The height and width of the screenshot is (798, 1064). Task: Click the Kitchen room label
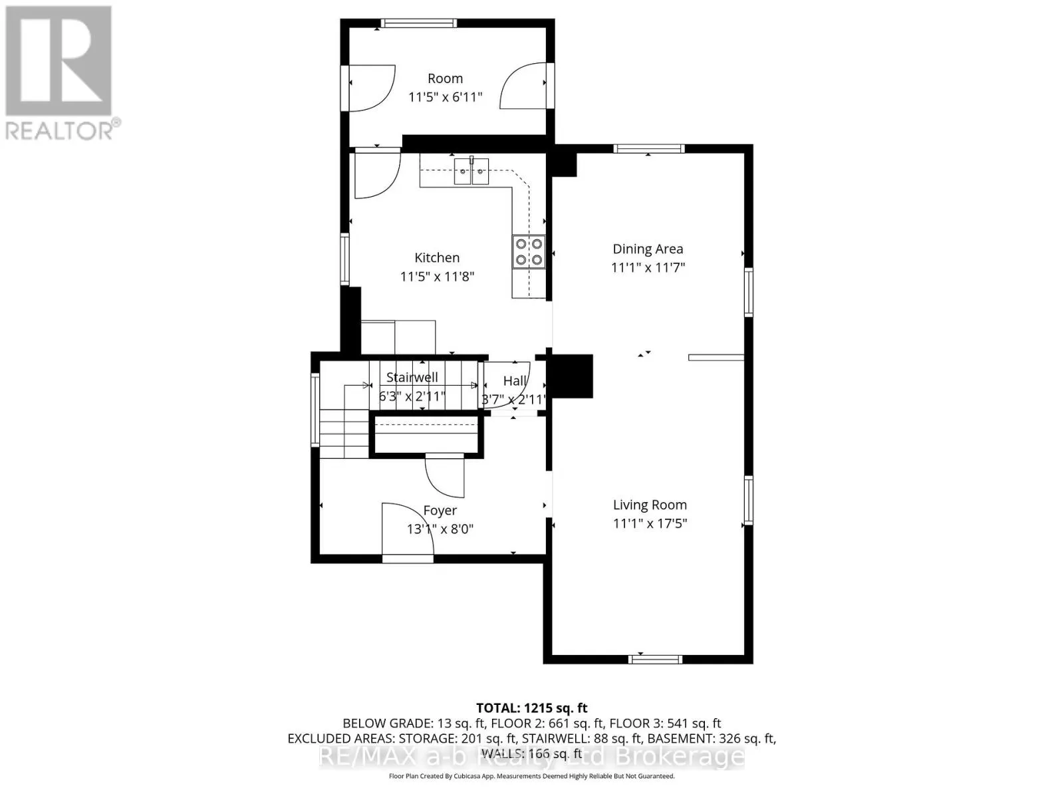pyautogui.click(x=437, y=257)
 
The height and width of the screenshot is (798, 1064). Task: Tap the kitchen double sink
pyautogui.click(x=471, y=171)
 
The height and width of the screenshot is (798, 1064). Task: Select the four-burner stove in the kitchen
pyautogui.click(x=529, y=252)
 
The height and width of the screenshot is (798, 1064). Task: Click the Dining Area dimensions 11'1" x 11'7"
pyautogui.click(x=648, y=267)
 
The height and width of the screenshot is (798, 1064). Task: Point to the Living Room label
pyautogui.click(x=650, y=505)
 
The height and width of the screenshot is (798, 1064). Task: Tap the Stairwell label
pyautogui.click(x=412, y=377)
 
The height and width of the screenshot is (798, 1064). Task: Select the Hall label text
pyautogui.click(x=515, y=381)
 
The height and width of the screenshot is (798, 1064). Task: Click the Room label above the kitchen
pyautogui.click(x=445, y=78)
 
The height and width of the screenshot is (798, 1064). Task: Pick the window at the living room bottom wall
pyautogui.click(x=656, y=659)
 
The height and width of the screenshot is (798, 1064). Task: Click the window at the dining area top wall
pyautogui.click(x=648, y=149)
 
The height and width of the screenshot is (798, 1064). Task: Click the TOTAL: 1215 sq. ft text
pyautogui.click(x=531, y=708)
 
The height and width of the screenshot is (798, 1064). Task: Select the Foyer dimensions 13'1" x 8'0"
pyautogui.click(x=440, y=529)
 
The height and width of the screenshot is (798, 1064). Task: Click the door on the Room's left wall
pyautogui.click(x=370, y=86)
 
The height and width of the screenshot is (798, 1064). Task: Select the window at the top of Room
pyautogui.click(x=418, y=23)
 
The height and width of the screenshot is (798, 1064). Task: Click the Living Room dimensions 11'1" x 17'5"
pyautogui.click(x=650, y=523)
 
